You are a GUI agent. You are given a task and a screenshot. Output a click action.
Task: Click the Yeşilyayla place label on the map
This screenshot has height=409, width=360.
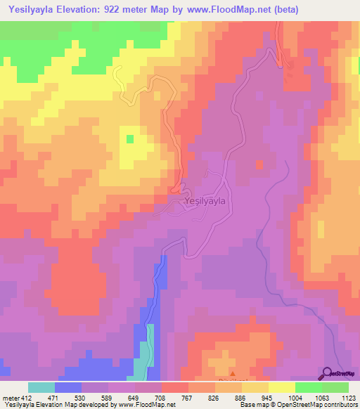(204, 201)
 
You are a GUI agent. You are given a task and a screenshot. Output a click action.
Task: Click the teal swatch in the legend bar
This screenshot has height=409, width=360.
(41, 387)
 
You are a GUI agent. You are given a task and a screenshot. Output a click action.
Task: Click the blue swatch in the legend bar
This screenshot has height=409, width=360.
(68, 387)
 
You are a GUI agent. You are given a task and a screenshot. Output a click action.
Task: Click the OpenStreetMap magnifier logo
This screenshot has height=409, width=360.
(327, 372)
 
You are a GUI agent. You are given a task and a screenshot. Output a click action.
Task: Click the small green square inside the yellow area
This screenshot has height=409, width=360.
(129, 138)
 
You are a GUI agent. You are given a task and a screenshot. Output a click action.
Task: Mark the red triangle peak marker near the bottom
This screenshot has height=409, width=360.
(233, 374)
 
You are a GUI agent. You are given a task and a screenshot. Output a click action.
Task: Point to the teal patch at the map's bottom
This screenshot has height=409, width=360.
(145, 358)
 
